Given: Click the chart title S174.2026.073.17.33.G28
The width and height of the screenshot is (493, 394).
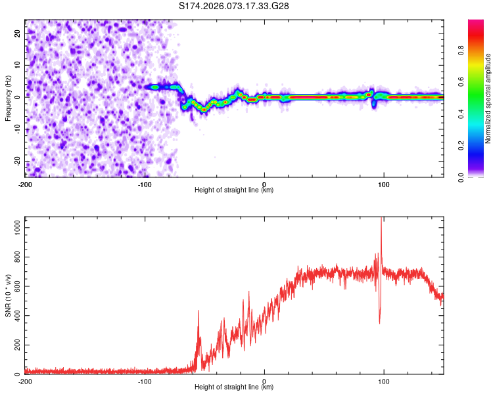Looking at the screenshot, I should (235, 6).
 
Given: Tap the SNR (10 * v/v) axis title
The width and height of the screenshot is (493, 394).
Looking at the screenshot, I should (8, 296).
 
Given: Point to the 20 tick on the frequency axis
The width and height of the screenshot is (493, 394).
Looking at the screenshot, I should (18, 32).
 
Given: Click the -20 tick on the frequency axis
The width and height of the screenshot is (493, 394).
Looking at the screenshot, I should (16, 162).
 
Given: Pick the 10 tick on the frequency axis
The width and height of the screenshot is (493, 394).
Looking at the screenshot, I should (18, 64).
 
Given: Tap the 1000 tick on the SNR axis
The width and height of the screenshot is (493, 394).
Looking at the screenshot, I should (14, 226).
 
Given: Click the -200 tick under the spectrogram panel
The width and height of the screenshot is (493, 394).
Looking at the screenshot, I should (25, 184).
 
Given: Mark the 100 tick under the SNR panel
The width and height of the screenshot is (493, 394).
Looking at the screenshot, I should (384, 382).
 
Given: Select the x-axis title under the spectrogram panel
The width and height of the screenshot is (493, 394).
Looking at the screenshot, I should (234, 190).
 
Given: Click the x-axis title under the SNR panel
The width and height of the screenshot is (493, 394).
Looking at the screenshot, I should (234, 387).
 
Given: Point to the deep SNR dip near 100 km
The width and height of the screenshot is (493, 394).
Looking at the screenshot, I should (379, 322).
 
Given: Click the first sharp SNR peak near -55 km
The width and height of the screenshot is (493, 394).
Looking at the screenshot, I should (199, 311).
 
